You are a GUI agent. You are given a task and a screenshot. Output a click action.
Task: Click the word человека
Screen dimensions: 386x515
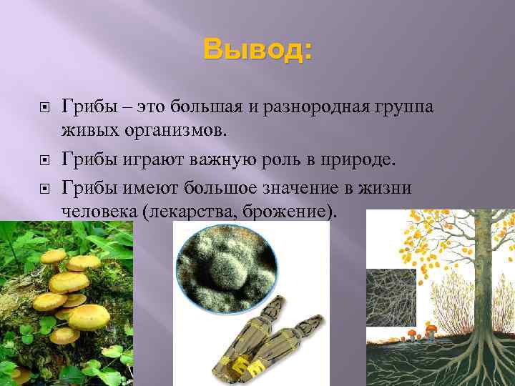[97, 212]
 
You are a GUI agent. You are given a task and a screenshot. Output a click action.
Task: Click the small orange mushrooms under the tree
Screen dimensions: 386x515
[422, 332]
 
